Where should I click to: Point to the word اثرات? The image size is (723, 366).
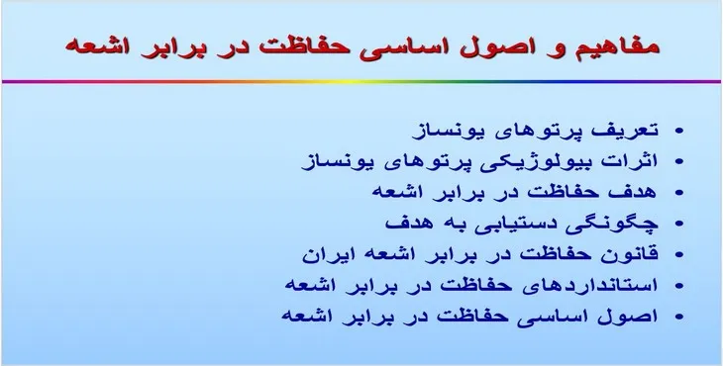pyautogui.click(x=635, y=159)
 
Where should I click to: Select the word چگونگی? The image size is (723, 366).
pyautogui.click(x=622, y=221)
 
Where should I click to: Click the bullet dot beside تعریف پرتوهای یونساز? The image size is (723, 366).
pyautogui.click(x=678, y=131)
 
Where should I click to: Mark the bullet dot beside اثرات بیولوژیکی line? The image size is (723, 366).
pyautogui.click(x=678, y=161)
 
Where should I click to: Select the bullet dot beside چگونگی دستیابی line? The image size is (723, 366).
pyautogui.click(x=678, y=223)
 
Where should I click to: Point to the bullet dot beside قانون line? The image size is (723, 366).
pyautogui.click(x=678, y=253)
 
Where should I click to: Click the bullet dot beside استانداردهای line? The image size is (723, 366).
pyautogui.click(x=678, y=285)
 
